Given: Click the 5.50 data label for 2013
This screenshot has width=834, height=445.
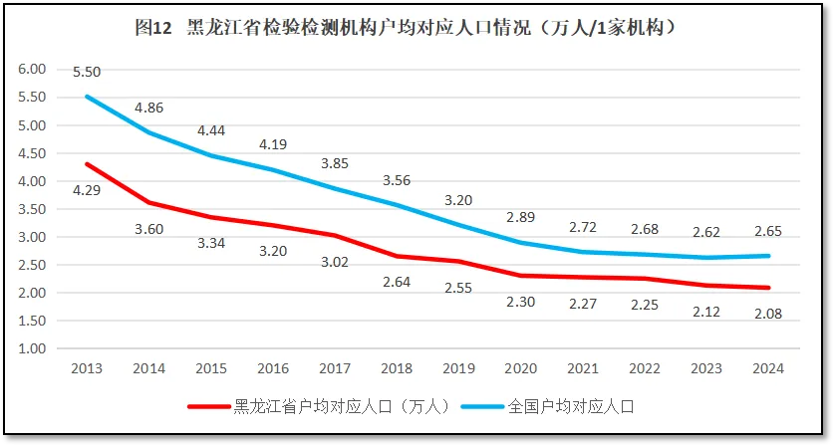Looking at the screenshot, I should click(x=87, y=72).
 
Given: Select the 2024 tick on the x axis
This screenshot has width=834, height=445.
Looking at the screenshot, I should click(x=768, y=368).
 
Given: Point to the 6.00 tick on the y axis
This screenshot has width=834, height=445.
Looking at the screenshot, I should click(x=33, y=70).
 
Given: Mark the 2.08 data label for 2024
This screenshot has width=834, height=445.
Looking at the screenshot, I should click(x=768, y=314).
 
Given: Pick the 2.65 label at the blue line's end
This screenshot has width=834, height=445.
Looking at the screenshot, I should click(x=768, y=232).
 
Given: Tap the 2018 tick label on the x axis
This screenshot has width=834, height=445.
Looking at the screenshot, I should click(x=397, y=368).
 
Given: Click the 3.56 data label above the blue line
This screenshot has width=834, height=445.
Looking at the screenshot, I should click(x=397, y=180).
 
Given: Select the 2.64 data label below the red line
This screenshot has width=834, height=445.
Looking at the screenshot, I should click(x=397, y=281).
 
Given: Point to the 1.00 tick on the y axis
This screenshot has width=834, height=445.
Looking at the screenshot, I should click(x=33, y=349).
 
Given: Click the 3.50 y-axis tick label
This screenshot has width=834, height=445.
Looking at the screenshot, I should click(x=33, y=210).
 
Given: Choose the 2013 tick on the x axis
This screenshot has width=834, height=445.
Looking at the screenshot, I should click(x=87, y=368).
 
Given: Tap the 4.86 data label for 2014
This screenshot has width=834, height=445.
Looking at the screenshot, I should click(x=148, y=107).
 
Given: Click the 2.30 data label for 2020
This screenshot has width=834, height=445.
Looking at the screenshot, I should click(x=520, y=301).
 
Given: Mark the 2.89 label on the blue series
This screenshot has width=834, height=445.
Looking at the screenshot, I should click(x=520, y=217).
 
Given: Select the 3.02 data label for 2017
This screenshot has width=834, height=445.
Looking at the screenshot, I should click(x=334, y=262).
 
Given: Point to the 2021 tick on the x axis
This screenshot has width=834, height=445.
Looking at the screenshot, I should click(x=582, y=368).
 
